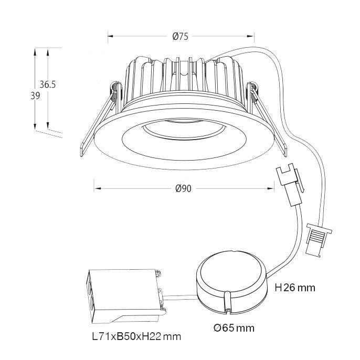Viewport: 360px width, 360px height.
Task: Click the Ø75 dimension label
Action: click(180, 36)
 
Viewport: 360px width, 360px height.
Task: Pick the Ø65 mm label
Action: click(234, 329)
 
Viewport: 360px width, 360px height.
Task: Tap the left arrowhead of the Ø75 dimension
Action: click(110, 36)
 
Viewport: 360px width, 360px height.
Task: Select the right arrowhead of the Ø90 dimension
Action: click(272, 188)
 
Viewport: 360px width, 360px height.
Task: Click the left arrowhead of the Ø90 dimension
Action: click(96, 188)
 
